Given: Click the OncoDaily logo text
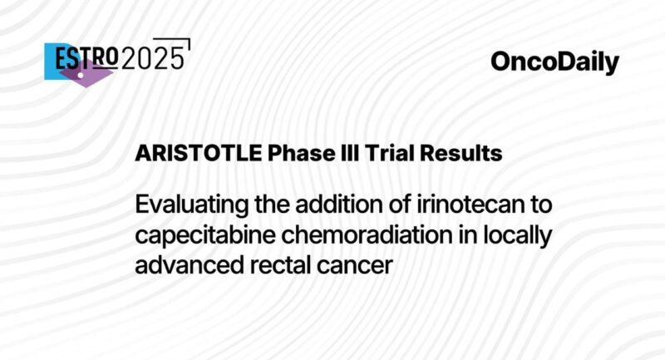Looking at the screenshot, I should coord(554,62).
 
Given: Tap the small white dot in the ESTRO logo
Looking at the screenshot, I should coord(81,75).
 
